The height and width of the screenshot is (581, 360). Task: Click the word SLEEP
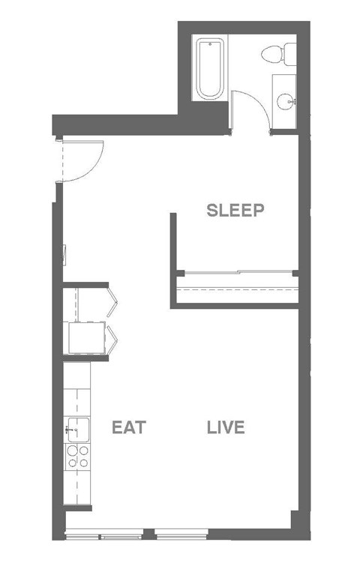(x=235, y=211)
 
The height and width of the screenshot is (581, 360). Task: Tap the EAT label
(x=128, y=428)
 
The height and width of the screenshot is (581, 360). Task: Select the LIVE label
(x=226, y=428)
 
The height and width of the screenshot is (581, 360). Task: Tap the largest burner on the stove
(x=83, y=451)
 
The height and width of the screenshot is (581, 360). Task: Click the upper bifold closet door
(x=113, y=299)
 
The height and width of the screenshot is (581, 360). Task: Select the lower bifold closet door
(x=113, y=337)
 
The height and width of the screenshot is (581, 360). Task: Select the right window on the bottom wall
(x=180, y=535)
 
